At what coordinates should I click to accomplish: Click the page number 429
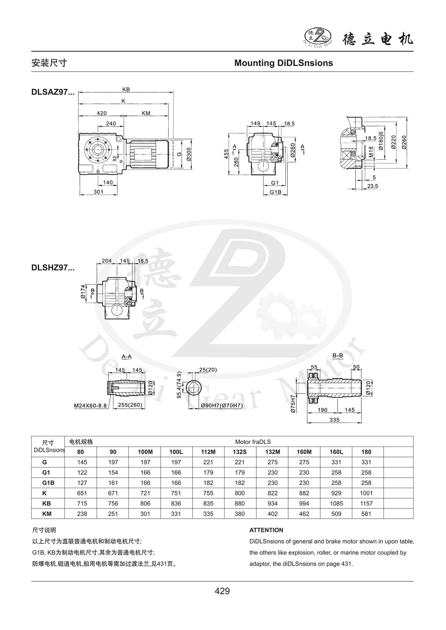pos(223,591)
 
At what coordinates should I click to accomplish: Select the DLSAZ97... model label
pos(53,92)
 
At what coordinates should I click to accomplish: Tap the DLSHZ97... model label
pos(53,267)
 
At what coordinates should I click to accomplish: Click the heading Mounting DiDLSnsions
pos(283,63)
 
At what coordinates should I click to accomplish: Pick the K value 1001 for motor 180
pos(366,493)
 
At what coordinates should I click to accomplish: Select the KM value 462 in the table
pos(304,514)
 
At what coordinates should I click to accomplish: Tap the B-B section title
pos(338,356)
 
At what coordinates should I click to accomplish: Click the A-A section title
pos(127,357)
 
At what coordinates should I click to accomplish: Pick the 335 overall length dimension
pos(335,420)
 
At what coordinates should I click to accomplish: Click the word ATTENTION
pos(266,530)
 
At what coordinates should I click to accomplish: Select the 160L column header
pos(337,452)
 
